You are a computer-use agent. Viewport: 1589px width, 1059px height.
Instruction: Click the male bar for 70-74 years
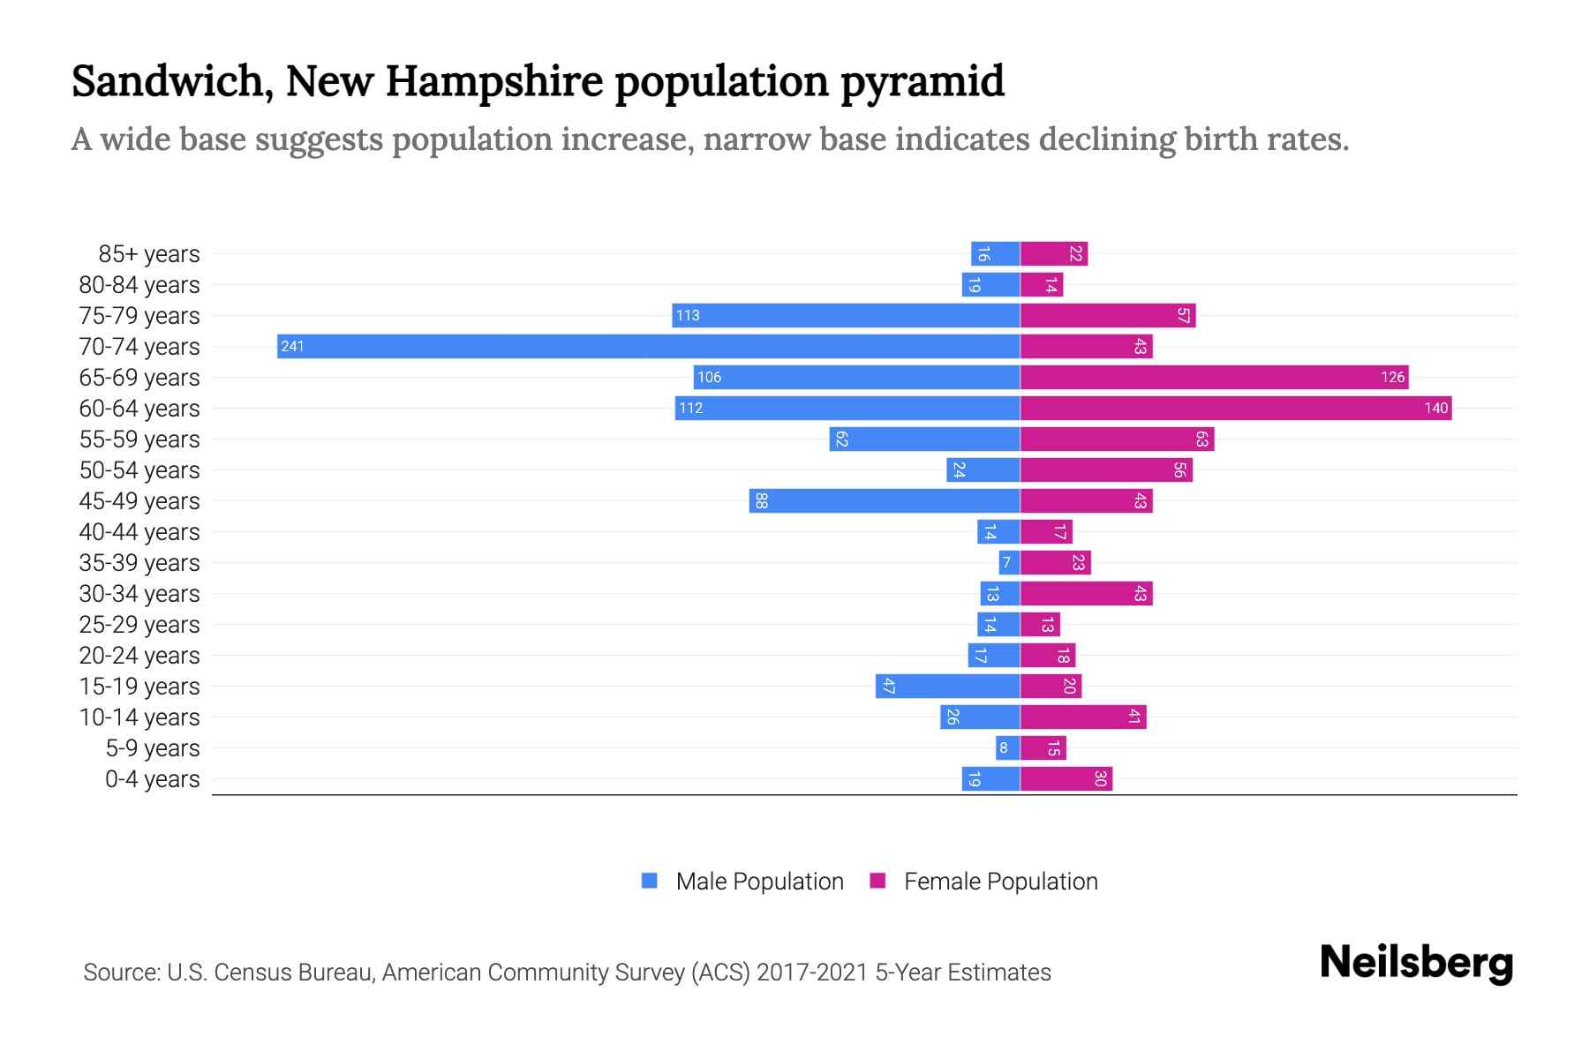(x=649, y=346)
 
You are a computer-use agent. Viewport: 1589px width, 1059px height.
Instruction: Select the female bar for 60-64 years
(x=1236, y=408)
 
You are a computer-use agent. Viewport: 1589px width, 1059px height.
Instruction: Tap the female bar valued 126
(x=1214, y=377)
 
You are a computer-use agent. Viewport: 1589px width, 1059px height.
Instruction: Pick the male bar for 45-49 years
(x=885, y=500)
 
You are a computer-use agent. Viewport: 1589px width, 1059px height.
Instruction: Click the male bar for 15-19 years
(x=947, y=686)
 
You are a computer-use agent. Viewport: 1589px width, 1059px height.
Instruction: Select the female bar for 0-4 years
(x=1066, y=778)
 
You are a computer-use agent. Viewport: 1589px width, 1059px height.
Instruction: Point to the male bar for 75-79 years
(x=846, y=315)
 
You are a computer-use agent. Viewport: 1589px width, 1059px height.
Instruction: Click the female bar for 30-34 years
(x=1086, y=593)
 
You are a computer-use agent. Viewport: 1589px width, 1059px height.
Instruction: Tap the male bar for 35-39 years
(x=1009, y=562)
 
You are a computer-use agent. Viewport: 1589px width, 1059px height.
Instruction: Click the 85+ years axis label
(x=148, y=254)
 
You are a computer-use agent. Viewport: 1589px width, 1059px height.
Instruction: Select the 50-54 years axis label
(x=139, y=470)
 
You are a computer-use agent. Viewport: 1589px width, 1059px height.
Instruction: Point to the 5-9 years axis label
(x=152, y=748)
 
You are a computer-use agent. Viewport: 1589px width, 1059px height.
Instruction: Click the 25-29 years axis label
(x=139, y=625)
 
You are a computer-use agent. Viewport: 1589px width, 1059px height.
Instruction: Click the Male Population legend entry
(x=758, y=881)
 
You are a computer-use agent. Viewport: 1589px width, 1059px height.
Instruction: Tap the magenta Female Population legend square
(x=877, y=881)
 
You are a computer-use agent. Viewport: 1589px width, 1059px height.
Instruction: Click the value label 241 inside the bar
(x=292, y=346)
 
